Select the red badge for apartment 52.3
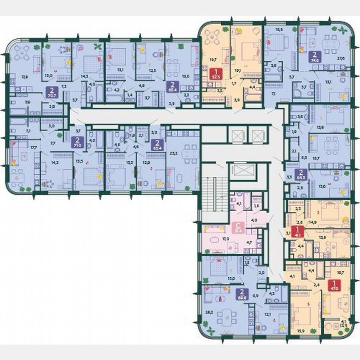(x=215, y=73)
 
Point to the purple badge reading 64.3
(x=298, y=174)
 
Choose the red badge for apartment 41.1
(x=298, y=231)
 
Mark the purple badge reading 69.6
(x=241, y=293)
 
